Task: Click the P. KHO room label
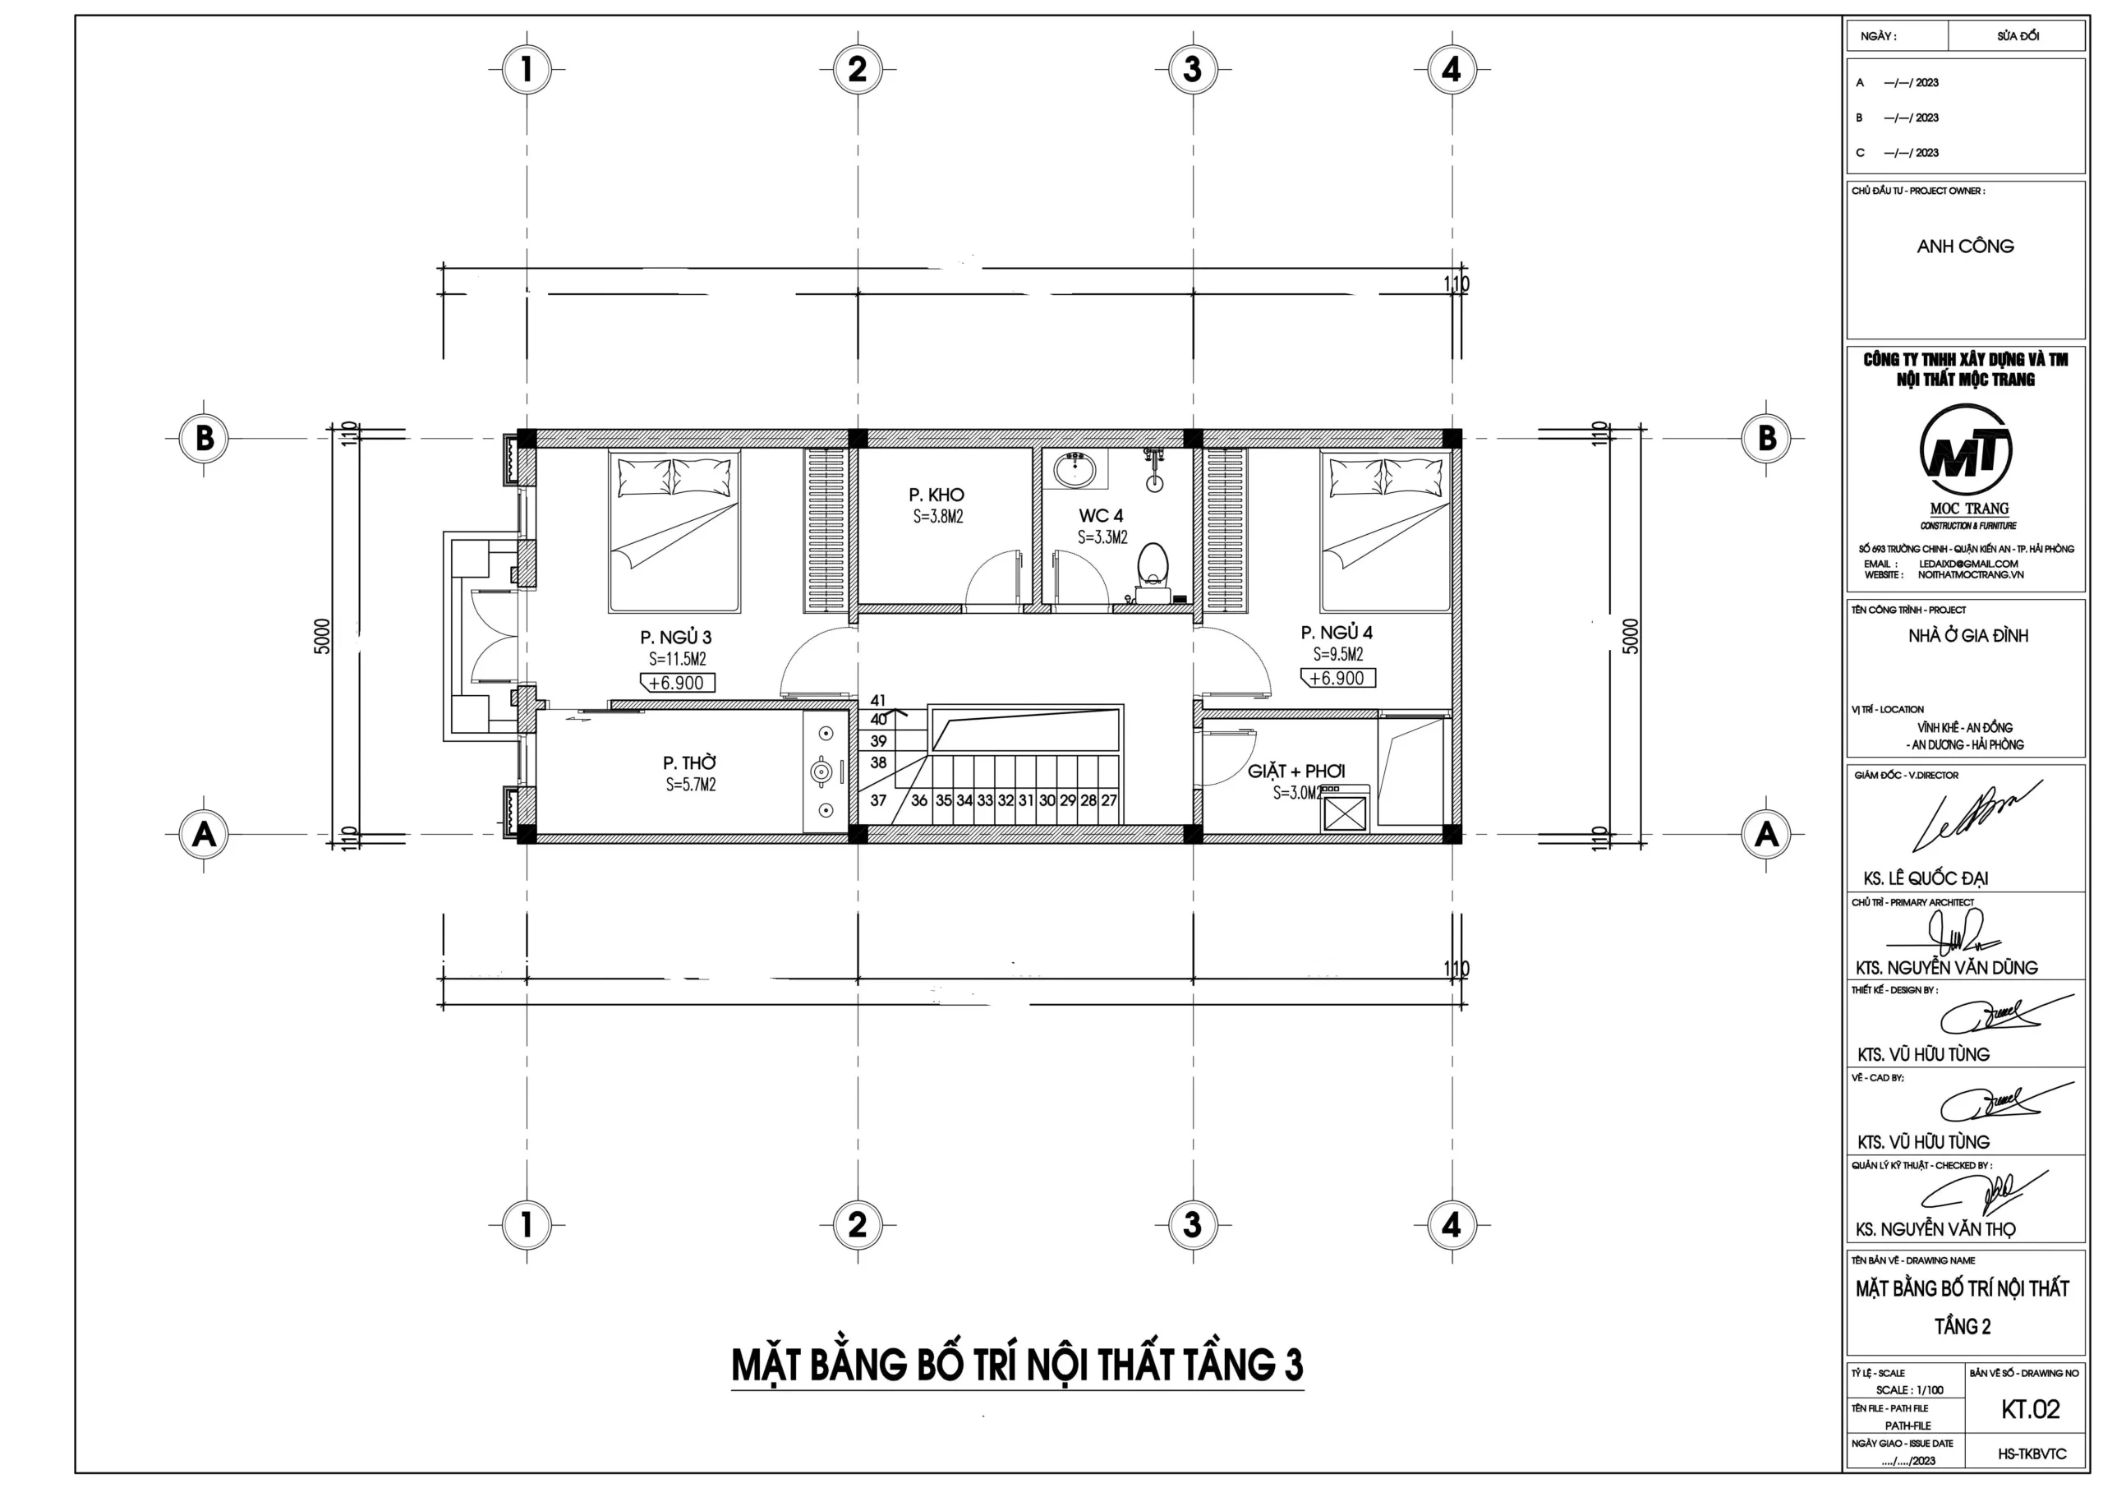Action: coord(936,495)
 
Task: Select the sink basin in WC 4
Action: coord(1074,470)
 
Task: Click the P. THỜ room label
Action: coord(690,762)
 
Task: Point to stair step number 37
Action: coord(878,800)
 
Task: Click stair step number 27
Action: coord(1108,800)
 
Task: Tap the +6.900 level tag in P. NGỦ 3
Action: coord(677,683)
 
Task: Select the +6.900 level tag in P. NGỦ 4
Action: coord(1337,678)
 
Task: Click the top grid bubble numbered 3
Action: coord(1192,69)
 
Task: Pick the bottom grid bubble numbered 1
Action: coord(526,1224)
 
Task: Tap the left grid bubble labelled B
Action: coord(204,437)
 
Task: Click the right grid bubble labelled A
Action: coord(1766,833)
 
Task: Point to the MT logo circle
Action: coord(1966,451)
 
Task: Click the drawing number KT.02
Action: coord(2030,1409)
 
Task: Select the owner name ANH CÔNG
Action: coord(1966,246)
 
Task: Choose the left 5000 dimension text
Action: coord(321,636)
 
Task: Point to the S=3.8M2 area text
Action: coord(938,517)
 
